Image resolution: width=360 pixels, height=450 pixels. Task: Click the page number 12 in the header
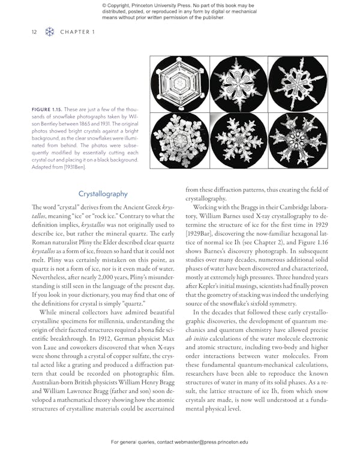[34, 32]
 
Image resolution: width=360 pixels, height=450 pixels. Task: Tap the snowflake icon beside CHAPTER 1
[50, 32]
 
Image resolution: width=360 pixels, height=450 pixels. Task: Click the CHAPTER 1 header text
[77, 32]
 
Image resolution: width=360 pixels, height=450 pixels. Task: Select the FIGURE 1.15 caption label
[50, 109]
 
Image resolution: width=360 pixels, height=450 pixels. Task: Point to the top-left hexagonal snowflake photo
[179, 85]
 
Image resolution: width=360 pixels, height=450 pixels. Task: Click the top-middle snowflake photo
[238, 85]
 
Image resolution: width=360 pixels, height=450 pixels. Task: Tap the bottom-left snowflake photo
[179, 140]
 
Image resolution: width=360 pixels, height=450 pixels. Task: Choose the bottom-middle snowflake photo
[238, 140]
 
